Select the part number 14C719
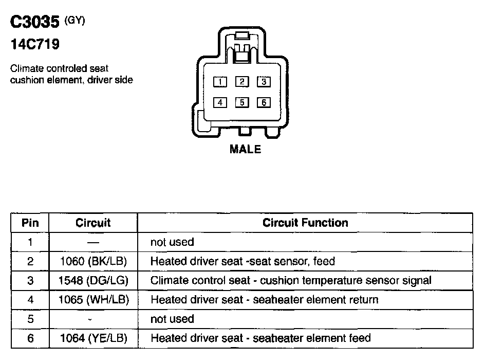35,45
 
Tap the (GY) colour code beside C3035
74,21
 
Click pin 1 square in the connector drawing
220,82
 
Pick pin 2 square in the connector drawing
241,82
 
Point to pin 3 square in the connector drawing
263,82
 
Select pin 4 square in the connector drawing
220,102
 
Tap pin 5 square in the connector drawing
241,102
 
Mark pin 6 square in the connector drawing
263,102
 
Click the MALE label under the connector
245,150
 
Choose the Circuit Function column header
305,223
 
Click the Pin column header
30,223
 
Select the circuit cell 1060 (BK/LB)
93,261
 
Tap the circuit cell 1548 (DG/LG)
93,280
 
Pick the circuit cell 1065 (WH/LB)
93,299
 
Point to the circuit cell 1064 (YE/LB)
93,338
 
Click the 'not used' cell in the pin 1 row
172,242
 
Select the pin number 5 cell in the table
30,319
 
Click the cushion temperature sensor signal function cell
291,280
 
